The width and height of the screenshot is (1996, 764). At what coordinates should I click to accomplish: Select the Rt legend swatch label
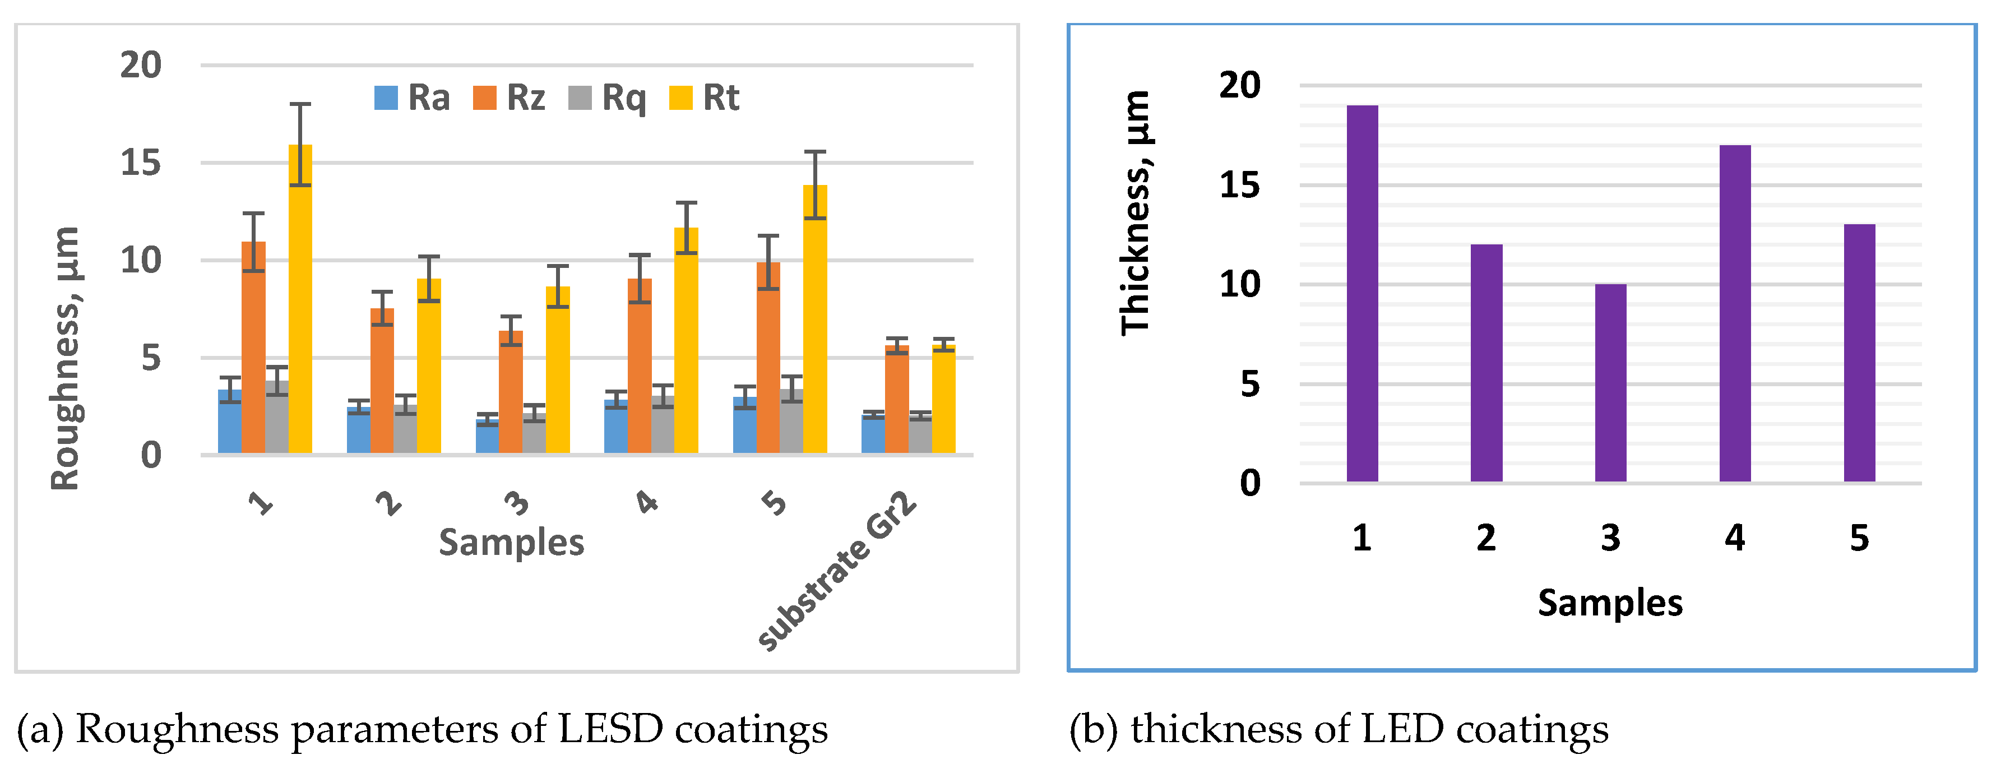click(705, 98)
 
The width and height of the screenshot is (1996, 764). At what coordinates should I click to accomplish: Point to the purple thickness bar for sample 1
click(1362, 294)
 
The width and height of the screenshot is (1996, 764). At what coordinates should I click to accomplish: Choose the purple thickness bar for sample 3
click(1610, 383)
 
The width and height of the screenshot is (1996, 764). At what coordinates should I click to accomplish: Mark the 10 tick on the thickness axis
click(1240, 284)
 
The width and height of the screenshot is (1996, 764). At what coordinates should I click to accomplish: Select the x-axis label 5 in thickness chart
click(1859, 538)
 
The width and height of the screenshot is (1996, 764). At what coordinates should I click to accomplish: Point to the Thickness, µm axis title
click(1136, 213)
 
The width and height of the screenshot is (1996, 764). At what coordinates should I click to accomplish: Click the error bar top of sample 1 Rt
click(300, 104)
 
